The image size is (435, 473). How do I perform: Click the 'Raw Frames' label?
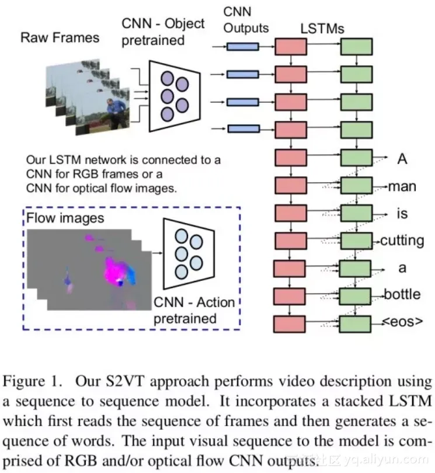click(x=60, y=38)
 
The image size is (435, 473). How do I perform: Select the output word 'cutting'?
click(x=403, y=240)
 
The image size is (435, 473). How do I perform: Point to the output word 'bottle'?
click(x=402, y=294)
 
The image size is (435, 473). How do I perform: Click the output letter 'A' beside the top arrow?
click(x=402, y=159)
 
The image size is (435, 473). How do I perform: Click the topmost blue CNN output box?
click(x=242, y=46)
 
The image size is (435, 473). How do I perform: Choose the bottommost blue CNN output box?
click(x=242, y=129)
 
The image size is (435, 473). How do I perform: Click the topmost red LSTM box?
click(x=291, y=47)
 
